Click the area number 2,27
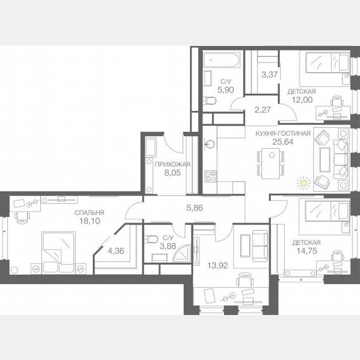pyautogui.click(x=263, y=110)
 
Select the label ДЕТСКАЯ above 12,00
pyautogui.click(x=301, y=91)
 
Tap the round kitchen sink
pyautogui.click(x=210, y=145)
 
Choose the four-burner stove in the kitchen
pyautogui.click(x=210, y=176)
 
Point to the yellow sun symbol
pyautogui.click(x=304, y=182)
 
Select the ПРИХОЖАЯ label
pyautogui.click(x=172, y=164)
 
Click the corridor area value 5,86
pyautogui.click(x=194, y=208)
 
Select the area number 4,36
pyautogui.click(x=115, y=251)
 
